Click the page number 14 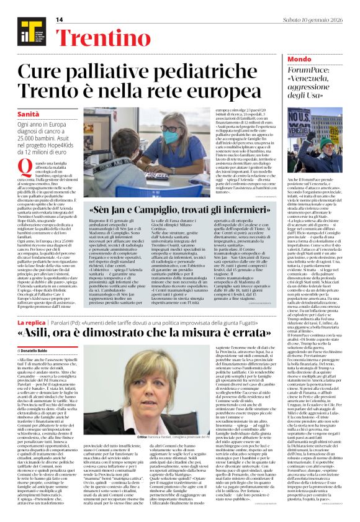(x=60, y=19)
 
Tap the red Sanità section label (x=29, y=115)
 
